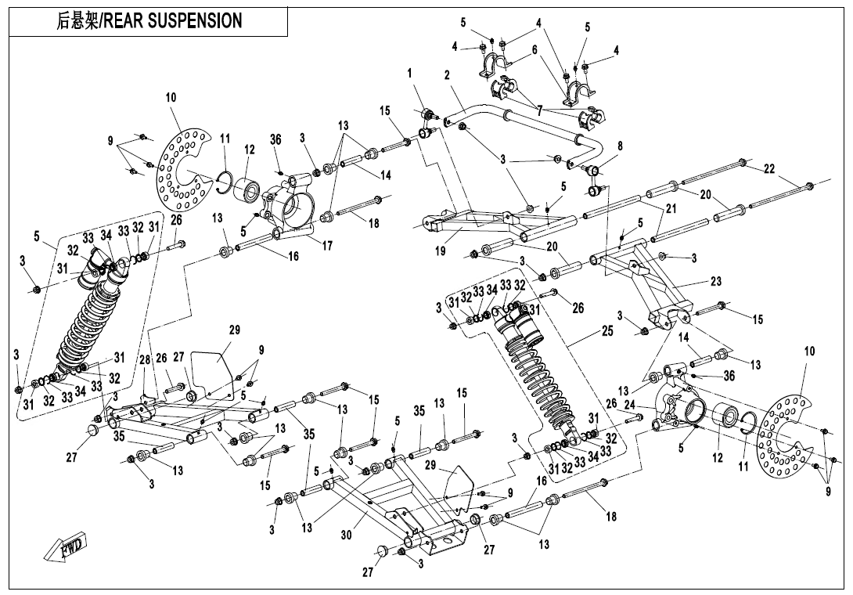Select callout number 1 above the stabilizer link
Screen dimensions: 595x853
point(409,73)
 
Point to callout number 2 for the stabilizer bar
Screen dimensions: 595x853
point(446,76)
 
